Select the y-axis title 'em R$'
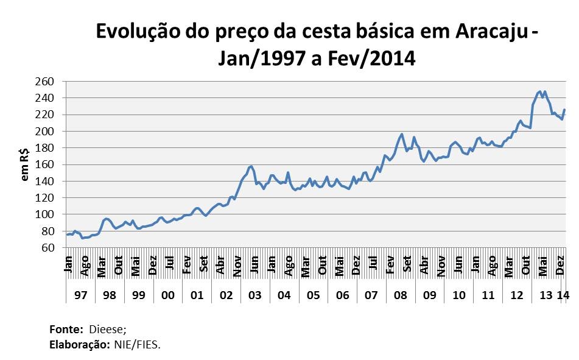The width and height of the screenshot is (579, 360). tap(26, 164)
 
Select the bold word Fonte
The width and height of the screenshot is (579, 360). tap(65, 330)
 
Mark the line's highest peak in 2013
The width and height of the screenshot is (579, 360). tap(540, 91)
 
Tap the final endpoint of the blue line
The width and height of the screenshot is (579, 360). tap(564, 110)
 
